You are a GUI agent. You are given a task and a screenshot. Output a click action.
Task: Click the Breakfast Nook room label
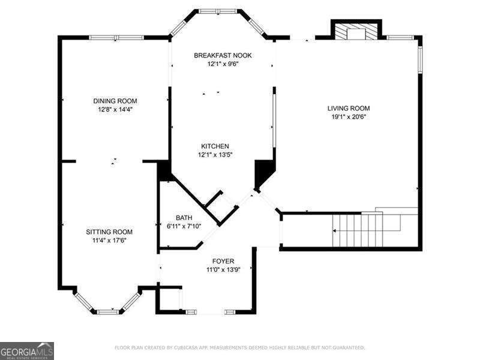tap(223, 55)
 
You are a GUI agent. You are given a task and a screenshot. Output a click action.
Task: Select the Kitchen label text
tap(215, 146)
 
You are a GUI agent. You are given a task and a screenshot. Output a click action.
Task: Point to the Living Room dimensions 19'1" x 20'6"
tap(349, 117)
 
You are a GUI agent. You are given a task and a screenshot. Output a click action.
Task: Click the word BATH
tap(184, 218)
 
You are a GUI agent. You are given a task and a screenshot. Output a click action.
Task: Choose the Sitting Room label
tap(109, 232)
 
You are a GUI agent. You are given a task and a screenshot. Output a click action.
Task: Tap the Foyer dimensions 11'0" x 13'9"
tap(223, 270)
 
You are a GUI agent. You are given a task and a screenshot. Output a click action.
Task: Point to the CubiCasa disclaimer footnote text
tap(239, 347)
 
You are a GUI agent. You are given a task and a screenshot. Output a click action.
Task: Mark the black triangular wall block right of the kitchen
tap(262, 175)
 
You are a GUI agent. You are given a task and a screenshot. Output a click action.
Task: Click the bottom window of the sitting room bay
tap(107, 311)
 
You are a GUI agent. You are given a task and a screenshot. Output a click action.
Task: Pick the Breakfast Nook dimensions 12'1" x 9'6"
tap(223, 64)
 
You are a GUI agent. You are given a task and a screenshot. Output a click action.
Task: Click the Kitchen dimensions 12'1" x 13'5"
tap(215, 155)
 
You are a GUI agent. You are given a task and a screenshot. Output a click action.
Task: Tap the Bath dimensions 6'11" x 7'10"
tap(184, 226)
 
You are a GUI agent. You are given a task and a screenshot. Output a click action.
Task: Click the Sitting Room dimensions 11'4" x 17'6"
tap(109, 240)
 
